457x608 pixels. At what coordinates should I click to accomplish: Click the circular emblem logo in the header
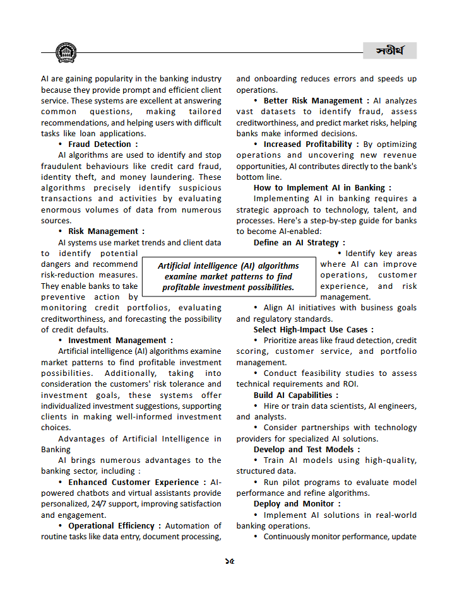tap(66, 52)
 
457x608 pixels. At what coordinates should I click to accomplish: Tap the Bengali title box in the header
tap(389, 50)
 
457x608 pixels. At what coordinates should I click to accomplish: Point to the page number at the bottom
tap(228, 561)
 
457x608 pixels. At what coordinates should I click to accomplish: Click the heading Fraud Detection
tap(103, 144)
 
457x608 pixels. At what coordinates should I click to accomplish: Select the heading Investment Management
tap(120, 341)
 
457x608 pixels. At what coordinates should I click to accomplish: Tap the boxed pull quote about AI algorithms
tap(228, 276)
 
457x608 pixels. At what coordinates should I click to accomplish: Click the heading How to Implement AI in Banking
tap(323, 188)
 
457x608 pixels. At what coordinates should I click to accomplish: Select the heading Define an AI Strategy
tap(299, 242)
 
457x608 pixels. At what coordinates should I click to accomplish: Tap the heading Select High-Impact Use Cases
tap(314, 330)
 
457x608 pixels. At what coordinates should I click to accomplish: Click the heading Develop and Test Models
tap(307, 450)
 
